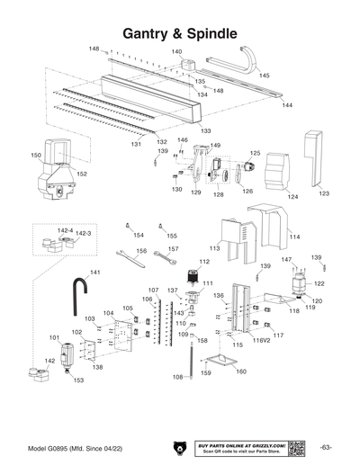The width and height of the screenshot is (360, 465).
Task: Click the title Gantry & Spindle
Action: (x=179, y=32)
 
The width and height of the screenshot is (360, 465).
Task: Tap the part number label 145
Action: (x=265, y=76)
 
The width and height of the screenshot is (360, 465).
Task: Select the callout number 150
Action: (x=37, y=156)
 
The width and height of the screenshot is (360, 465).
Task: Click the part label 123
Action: (x=324, y=193)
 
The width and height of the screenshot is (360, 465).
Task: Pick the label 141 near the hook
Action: (x=94, y=272)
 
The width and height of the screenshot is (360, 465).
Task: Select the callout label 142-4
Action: (x=64, y=230)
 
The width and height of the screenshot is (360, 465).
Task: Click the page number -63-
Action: (x=327, y=448)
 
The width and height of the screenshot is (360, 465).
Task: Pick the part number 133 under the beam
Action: (x=205, y=131)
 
